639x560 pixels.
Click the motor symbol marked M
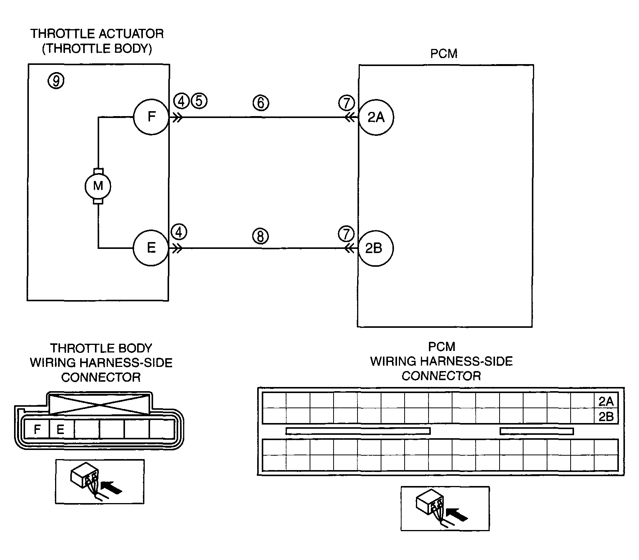pyautogui.click(x=98, y=186)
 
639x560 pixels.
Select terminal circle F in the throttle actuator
pyautogui.click(x=151, y=117)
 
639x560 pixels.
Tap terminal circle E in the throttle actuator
pyautogui.click(x=151, y=248)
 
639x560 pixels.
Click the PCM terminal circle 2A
pyautogui.click(x=376, y=117)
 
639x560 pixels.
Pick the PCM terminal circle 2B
pyautogui.click(x=376, y=248)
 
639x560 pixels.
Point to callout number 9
pyautogui.click(x=56, y=80)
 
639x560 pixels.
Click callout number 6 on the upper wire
pyautogui.click(x=261, y=102)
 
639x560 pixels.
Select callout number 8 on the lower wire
pyautogui.click(x=260, y=236)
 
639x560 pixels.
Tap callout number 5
pyautogui.click(x=199, y=101)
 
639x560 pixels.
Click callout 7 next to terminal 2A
pyautogui.click(x=346, y=102)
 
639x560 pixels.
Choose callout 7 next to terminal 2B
pyautogui.click(x=346, y=234)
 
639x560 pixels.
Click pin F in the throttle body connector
pyautogui.click(x=37, y=429)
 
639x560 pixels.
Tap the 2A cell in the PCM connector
pyautogui.click(x=606, y=401)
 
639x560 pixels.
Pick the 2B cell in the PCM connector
pyautogui.click(x=606, y=416)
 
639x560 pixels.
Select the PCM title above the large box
pyautogui.click(x=444, y=53)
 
